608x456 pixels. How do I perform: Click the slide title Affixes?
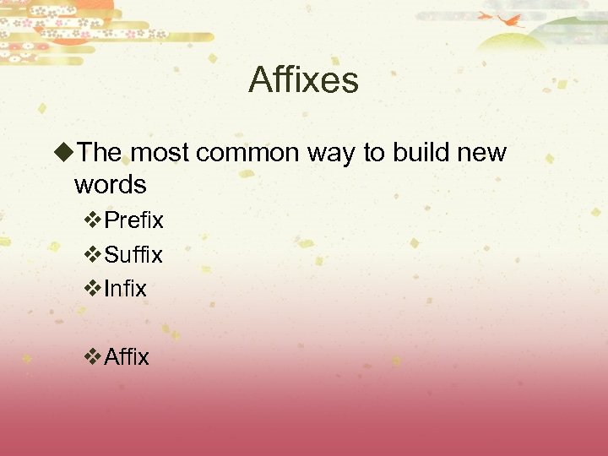(x=303, y=81)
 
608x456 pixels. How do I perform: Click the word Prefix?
(x=133, y=220)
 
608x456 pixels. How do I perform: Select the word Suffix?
(x=133, y=254)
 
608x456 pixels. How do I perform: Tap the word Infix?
(x=125, y=289)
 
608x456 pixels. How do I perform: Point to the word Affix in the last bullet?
(x=127, y=357)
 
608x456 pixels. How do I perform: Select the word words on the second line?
(x=110, y=183)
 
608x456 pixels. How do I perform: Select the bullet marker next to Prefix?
(x=94, y=220)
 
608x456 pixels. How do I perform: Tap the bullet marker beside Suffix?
(x=94, y=254)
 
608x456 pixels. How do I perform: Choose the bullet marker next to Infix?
(x=94, y=289)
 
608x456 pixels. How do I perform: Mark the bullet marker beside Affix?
(x=94, y=357)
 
